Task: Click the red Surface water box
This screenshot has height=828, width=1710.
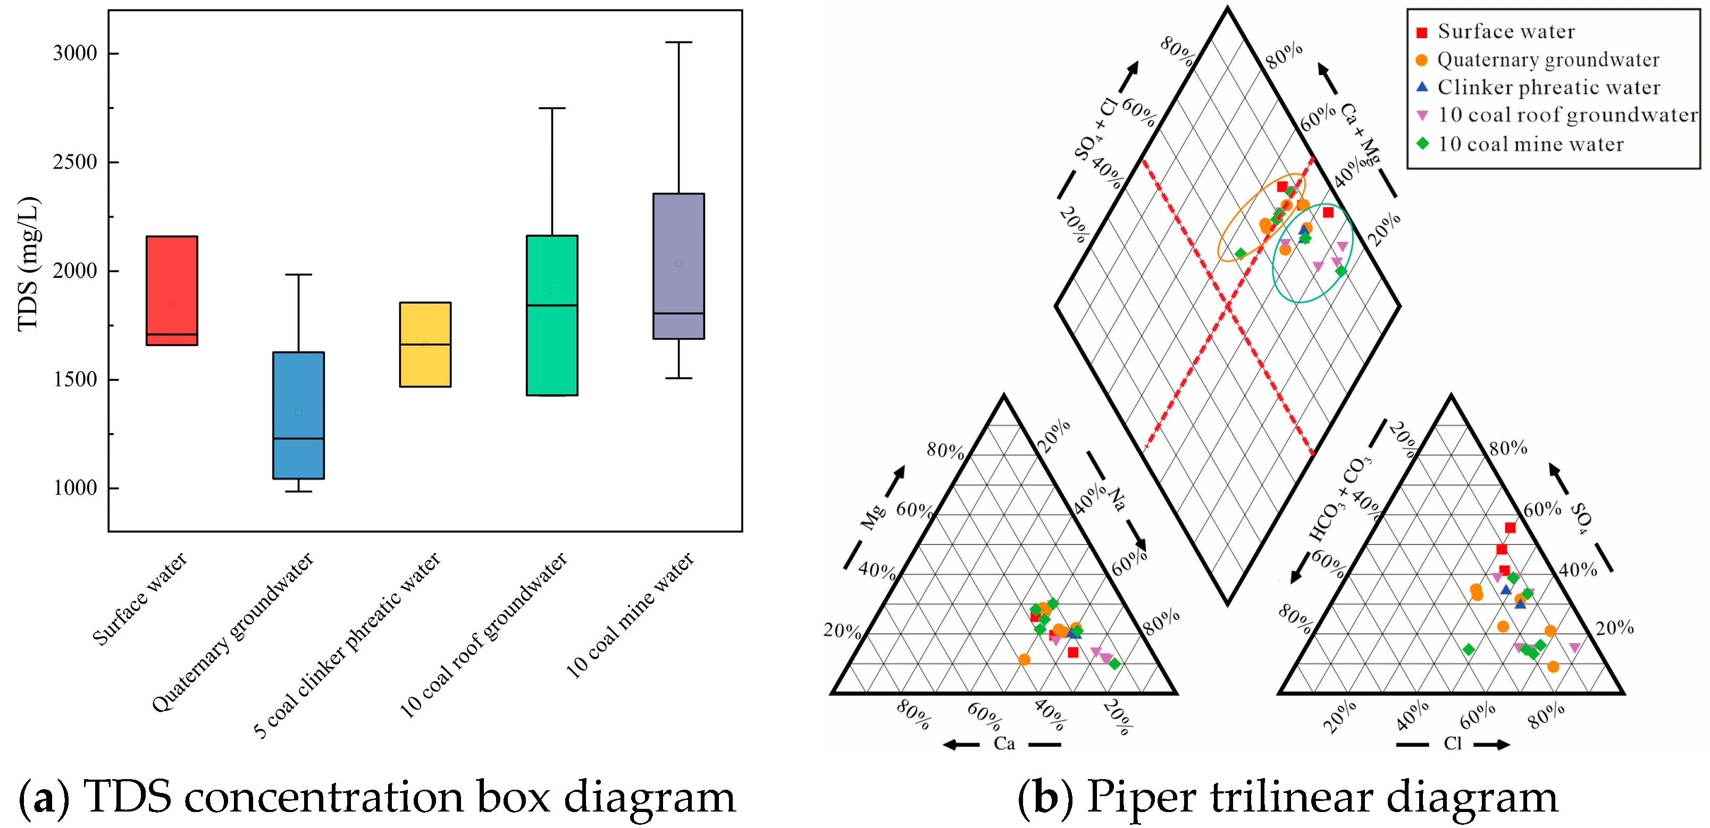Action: click(x=171, y=290)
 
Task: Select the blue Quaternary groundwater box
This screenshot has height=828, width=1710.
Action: click(x=298, y=415)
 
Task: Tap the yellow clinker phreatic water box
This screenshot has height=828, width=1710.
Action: click(x=425, y=344)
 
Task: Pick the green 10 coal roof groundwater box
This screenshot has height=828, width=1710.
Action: click(x=551, y=315)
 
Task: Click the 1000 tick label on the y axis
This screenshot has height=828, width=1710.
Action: click(x=75, y=488)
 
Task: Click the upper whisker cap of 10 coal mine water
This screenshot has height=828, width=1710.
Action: click(x=678, y=43)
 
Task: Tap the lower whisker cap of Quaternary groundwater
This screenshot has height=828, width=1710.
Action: click(x=298, y=492)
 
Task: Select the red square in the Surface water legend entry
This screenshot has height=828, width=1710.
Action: click(x=1422, y=32)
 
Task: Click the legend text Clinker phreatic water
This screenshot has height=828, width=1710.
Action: click(x=1549, y=88)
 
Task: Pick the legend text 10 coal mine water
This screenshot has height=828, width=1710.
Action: click(x=1530, y=144)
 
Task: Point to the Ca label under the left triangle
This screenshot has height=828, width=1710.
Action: click(x=1004, y=743)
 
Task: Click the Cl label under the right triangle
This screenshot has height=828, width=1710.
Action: click(x=1453, y=743)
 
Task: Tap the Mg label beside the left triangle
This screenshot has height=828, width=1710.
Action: click(x=872, y=518)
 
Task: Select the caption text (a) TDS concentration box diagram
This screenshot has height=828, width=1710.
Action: click(x=377, y=796)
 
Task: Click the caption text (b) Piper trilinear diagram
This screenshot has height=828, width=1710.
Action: click(x=1288, y=796)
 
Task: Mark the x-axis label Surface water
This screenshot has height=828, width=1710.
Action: click(x=140, y=598)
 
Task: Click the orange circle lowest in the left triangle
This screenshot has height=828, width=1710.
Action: click(x=1024, y=660)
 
